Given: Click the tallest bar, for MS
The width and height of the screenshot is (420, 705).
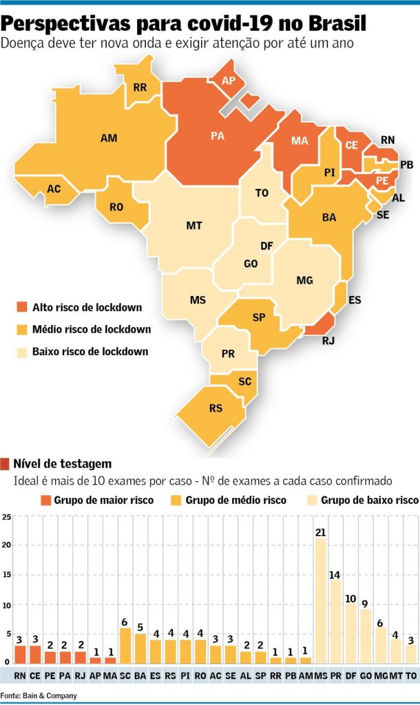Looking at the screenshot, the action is (x=321, y=600).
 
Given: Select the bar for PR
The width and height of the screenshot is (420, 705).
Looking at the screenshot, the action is (x=335, y=622).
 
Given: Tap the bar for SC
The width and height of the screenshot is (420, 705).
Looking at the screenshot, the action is (x=125, y=646).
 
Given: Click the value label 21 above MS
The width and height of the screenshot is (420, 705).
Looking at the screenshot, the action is (x=321, y=532).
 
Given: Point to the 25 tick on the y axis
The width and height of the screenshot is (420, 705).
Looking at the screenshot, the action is (x=6, y=516).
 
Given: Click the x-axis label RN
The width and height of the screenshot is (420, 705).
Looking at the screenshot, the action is (x=20, y=676).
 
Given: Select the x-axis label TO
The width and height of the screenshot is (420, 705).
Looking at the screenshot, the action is (x=411, y=676).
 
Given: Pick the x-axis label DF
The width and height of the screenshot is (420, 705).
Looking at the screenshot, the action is (x=350, y=676).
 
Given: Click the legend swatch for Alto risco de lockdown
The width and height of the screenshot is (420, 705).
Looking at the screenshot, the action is (x=22, y=307).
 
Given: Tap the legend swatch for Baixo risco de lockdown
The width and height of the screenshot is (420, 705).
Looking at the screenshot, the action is (x=22, y=352).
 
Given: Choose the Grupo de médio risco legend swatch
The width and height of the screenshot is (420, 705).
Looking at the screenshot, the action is (x=176, y=501).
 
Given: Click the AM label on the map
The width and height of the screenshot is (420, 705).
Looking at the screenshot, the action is (x=109, y=138).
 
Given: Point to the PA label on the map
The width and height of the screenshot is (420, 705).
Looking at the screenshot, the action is (x=218, y=136).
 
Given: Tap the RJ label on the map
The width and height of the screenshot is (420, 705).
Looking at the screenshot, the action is (x=328, y=340).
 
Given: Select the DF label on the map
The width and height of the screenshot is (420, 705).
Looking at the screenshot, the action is (x=266, y=246).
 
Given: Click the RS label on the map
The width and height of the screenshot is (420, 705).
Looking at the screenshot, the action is (x=216, y=408).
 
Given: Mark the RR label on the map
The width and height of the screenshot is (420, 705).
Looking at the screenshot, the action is (x=140, y=87).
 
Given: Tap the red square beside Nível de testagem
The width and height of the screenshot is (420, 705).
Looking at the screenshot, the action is (x=5, y=463).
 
